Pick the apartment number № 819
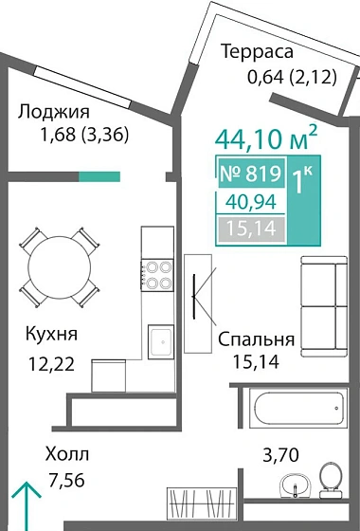click(x=251, y=174)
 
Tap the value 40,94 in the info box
click(x=251, y=201)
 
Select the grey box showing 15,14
click(x=251, y=228)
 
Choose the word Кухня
click(x=52, y=335)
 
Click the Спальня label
click(x=256, y=339)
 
